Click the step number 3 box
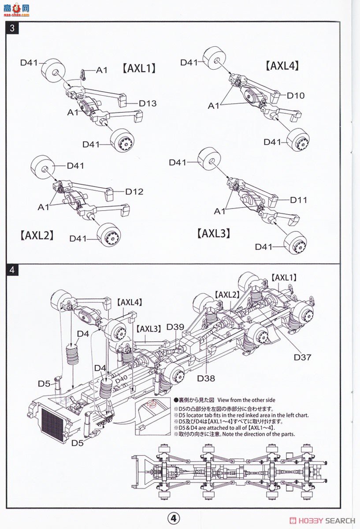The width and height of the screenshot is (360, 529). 12,28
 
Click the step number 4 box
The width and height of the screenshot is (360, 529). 12,270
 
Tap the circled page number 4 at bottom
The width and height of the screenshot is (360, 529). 174,518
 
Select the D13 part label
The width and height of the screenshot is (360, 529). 148,104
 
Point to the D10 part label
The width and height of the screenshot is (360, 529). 296,96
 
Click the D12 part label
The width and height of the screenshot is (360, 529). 134,191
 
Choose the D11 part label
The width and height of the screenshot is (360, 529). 298,200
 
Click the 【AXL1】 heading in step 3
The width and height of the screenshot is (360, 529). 139,68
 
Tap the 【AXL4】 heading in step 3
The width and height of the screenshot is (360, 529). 282,66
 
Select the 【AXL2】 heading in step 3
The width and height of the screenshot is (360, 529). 37,235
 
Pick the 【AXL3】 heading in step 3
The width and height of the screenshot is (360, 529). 213,233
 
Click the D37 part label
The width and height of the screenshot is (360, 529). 303,357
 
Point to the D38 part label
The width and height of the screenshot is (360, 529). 206,378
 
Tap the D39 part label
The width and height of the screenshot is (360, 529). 175,327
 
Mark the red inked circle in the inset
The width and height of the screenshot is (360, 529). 151,404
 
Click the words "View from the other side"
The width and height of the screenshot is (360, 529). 246,400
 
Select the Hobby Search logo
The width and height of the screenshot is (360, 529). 323,521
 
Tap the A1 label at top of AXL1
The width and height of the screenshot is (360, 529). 102,70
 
